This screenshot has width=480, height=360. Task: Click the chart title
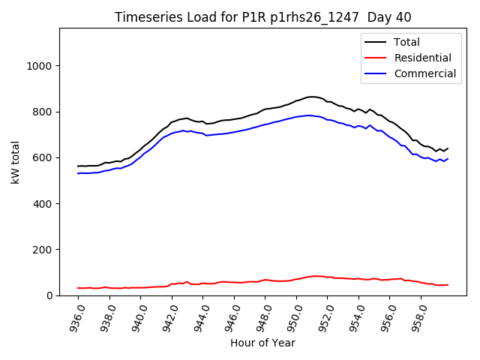tap(262, 16)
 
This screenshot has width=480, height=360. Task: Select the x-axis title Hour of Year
tap(262, 343)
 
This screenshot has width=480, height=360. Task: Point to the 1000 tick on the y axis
tap(37, 66)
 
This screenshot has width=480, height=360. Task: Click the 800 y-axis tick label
tap(40, 112)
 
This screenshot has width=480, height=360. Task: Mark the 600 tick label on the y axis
tap(40, 157)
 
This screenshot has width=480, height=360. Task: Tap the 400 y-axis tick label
tap(40, 203)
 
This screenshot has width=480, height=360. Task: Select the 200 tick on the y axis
tap(40, 249)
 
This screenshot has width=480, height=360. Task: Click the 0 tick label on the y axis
tap(46, 295)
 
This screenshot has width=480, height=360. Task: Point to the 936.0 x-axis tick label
tap(78, 316)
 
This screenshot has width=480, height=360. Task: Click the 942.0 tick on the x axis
tap(172, 316)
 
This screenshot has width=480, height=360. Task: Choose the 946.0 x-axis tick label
tap(234, 316)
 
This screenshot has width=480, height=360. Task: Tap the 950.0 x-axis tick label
tap(296, 316)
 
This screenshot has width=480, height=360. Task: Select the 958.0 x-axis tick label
tap(421, 316)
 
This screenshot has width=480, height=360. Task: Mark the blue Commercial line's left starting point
tap(78, 173)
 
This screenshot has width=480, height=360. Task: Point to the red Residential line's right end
tap(448, 284)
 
